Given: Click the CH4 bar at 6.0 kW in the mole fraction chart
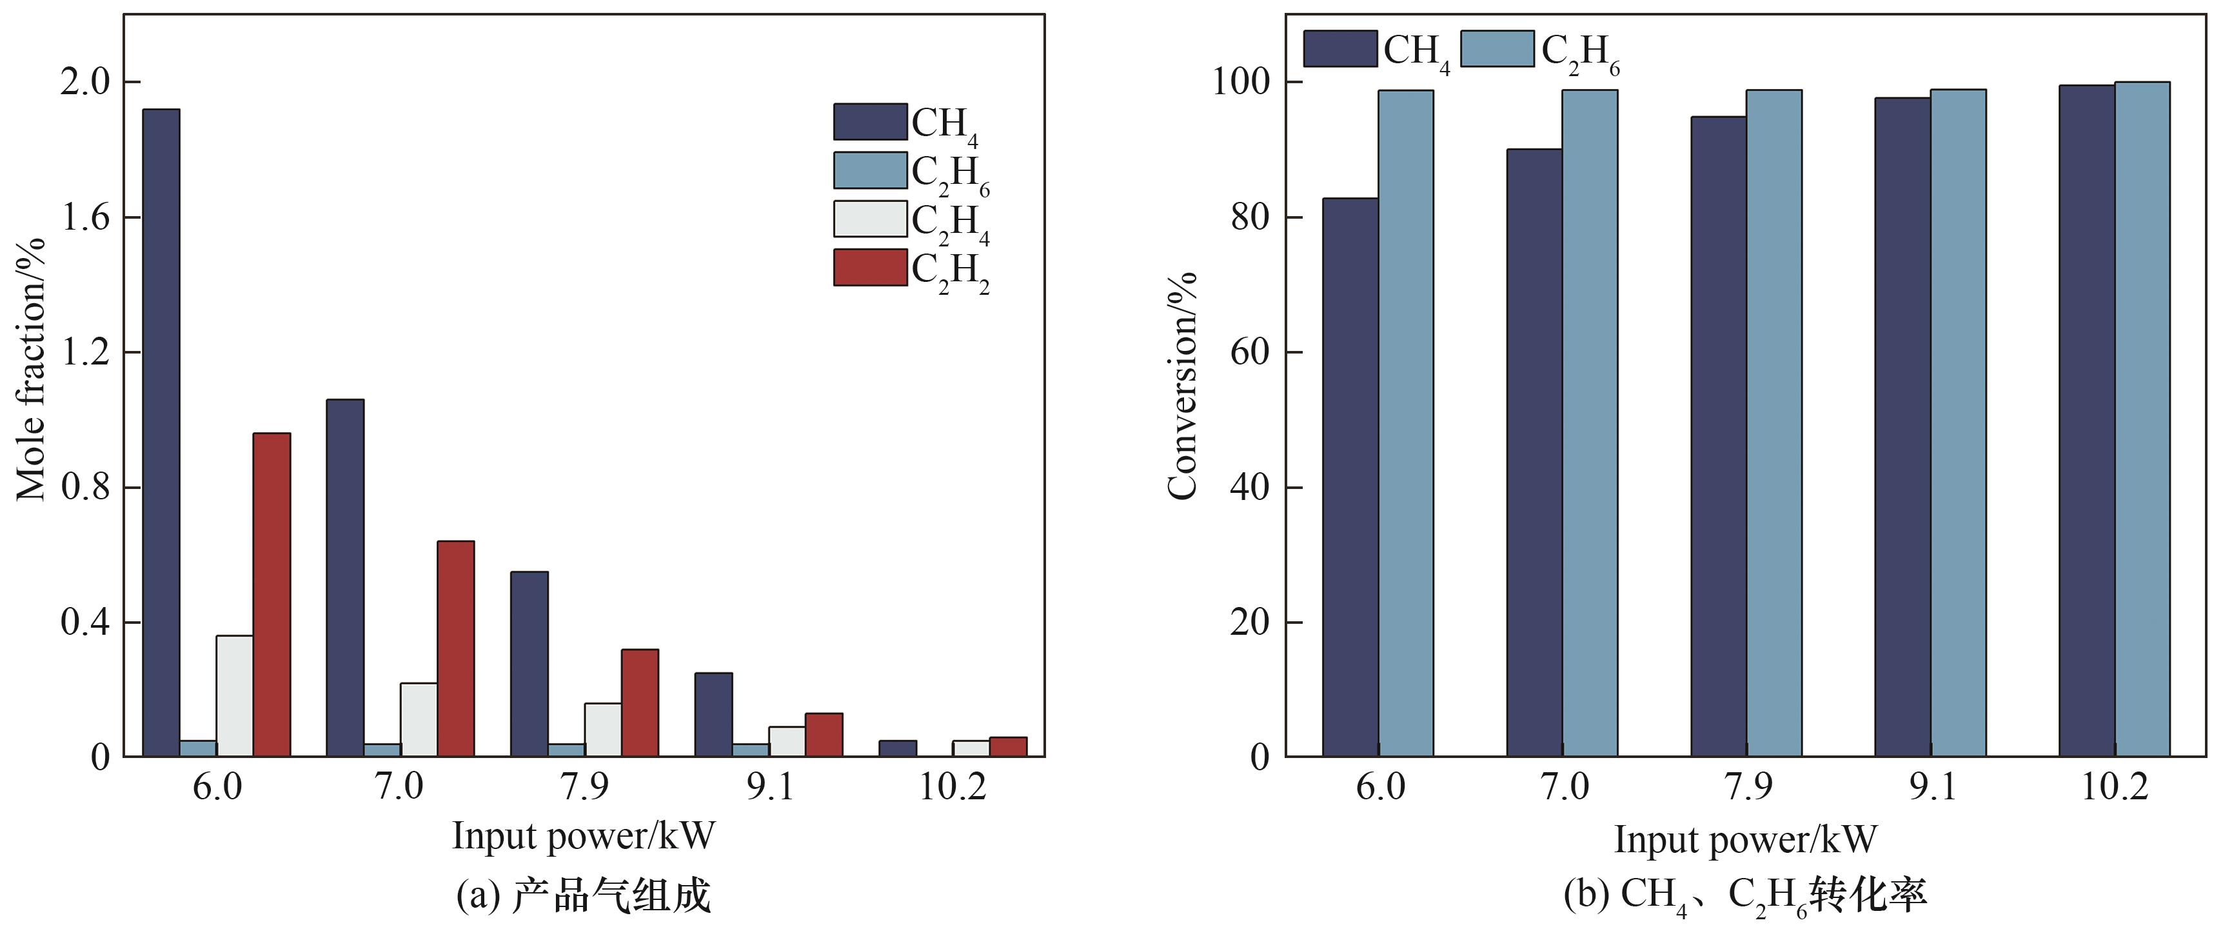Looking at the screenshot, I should (x=161, y=432).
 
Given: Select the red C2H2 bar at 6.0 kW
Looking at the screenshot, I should (x=272, y=595).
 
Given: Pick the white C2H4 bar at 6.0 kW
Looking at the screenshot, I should (x=235, y=695).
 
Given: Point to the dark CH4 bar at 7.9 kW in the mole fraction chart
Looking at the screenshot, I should (x=529, y=664).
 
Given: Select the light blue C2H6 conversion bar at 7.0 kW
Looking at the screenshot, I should (x=1590, y=423).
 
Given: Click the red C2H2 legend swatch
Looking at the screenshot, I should (x=870, y=268).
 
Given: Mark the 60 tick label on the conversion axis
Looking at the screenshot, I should (x=1250, y=352).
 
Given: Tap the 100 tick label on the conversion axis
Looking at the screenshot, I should (x=1241, y=82).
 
